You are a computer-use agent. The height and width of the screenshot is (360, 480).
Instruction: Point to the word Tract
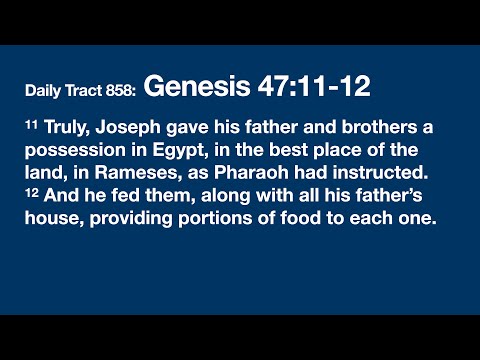click(x=84, y=91)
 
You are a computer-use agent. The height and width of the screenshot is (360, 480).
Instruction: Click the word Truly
click(x=65, y=130)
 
